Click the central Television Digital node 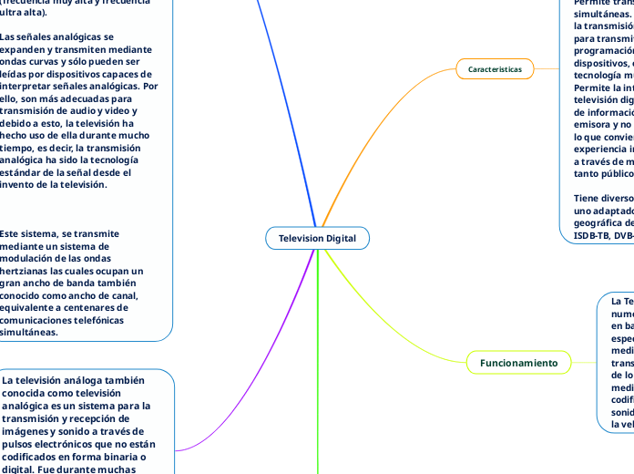point(317,238)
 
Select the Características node point(495,68)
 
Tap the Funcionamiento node point(518,363)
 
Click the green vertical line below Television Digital point(317,365)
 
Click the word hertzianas point(28,271)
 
